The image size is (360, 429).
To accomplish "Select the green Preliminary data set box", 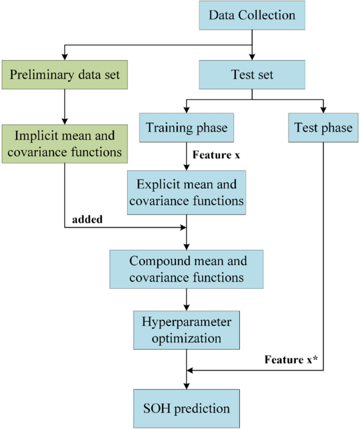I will pyautogui.click(x=65, y=74).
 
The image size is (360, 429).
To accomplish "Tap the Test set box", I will pyautogui.click(x=252, y=74).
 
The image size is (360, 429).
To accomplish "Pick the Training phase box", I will pyautogui.click(x=187, y=128).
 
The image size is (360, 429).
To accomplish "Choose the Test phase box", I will pyautogui.click(x=323, y=128).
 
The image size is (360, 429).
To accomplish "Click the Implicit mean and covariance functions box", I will pyautogui.click(x=65, y=143).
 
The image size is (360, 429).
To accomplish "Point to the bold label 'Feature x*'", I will pyautogui.click(x=290, y=361).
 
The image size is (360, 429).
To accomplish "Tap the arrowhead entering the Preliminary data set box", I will pyautogui.click(x=65, y=56).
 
